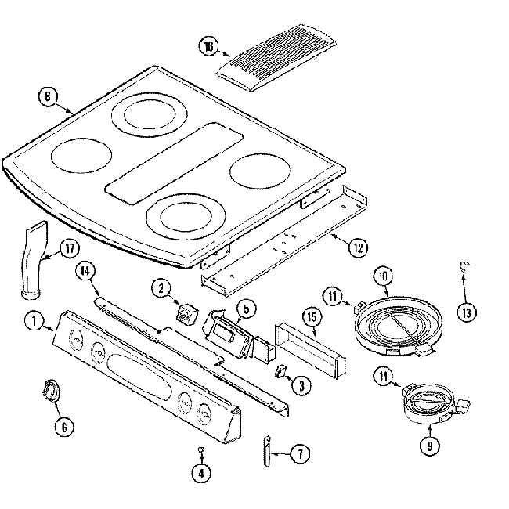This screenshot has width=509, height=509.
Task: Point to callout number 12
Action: pos(358,249)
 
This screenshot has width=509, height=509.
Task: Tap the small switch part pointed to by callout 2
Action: pos(186,314)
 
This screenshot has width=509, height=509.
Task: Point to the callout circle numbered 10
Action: pos(383,275)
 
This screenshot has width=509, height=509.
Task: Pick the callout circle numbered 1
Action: pos(34,319)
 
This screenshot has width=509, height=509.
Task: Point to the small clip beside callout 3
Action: pos(280,371)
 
